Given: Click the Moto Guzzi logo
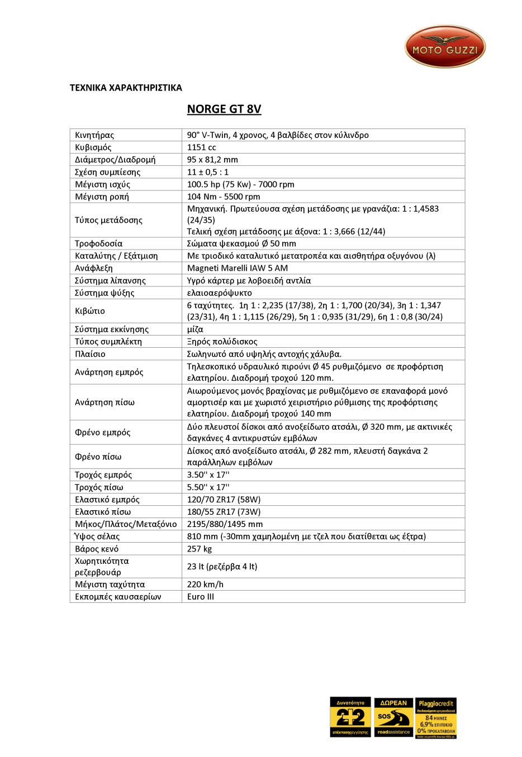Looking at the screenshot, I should (x=445, y=47).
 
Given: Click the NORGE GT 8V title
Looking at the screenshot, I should (x=224, y=109).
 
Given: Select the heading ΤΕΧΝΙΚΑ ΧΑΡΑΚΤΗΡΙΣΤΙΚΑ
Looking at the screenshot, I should (x=126, y=88).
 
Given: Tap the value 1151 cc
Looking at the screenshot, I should (x=202, y=147).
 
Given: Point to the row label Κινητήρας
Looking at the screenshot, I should (x=94, y=135).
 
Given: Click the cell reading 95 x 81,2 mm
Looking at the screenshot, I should (x=212, y=160).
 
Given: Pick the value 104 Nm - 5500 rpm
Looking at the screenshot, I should (x=224, y=197).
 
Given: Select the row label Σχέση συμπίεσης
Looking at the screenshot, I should (x=108, y=172).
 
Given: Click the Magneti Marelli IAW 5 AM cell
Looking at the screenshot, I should (x=238, y=268).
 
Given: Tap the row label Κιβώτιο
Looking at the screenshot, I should (x=90, y=311).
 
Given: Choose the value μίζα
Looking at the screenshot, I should (x=195, y=329).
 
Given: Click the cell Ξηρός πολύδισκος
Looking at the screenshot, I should (x=222, y=342).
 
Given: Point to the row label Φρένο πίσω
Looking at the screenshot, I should (x=98, y=457).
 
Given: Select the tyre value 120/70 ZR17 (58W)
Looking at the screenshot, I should (x=224, y=500).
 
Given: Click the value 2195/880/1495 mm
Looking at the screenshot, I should (x=225, y=524).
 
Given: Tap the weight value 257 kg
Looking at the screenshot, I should (x=200, y=549).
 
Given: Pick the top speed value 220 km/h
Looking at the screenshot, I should (x=205, y=584).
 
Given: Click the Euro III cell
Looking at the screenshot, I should (x=201, y=597).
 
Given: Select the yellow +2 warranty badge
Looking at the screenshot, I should (x=350, y=717).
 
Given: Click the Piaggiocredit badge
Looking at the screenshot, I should (x=436, y=718).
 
